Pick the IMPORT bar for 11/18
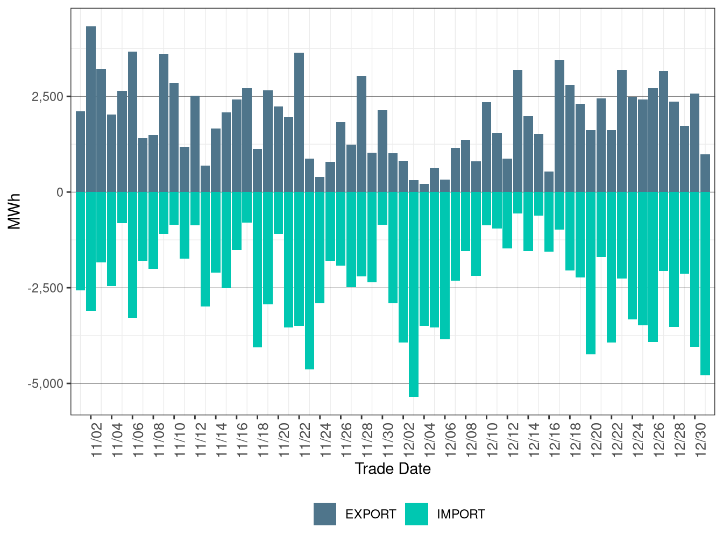[x=257, y=269]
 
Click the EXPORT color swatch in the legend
[x=325, y=514]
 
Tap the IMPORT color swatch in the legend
[x=416, y=514]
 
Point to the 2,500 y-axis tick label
[x=47, y=97]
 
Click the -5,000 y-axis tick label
[x=45, y=384]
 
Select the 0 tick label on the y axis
[x=60, y=192]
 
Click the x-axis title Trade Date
[x=393, y=469]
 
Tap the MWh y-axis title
[x=15, y=211]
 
